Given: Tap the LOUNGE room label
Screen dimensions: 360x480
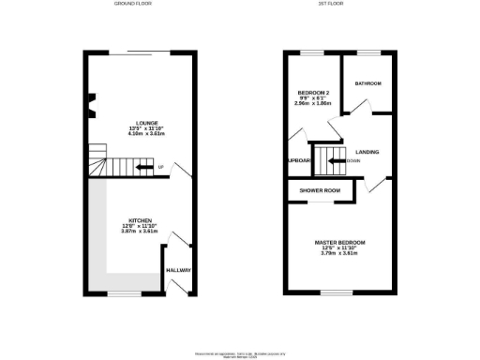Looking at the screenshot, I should coord(146,122).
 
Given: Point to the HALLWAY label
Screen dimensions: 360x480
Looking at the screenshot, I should coord(178,270).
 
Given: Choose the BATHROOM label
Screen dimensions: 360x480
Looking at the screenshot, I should coord(367,83).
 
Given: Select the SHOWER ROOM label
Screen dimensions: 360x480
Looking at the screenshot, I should coord(319,190).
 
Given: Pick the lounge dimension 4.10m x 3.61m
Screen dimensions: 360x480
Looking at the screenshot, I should coord(146,134).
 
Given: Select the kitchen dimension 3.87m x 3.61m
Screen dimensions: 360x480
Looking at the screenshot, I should coord(140,232).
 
